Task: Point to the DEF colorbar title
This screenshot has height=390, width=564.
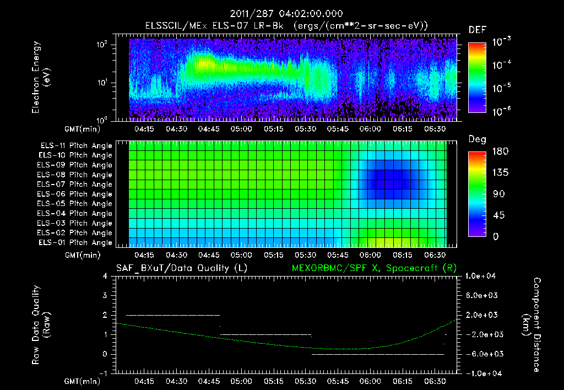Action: [476, 30]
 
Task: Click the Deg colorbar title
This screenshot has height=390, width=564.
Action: [477, 139]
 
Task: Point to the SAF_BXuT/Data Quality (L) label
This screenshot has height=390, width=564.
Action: [181, 268]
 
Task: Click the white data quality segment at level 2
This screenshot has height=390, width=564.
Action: [173, 315]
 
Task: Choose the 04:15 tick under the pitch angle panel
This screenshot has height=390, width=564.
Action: [144, 256]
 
